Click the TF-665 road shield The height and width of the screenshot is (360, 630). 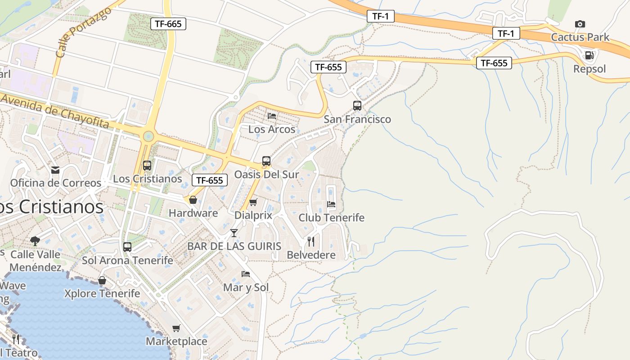tap(168, 24)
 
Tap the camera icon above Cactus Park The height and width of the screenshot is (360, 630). tap(580, 24)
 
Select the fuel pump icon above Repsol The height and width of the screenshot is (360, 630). tap(589, 55)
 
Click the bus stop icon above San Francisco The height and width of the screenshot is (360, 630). tap(357, 106)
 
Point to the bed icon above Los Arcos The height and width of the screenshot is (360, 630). tap(272, 116)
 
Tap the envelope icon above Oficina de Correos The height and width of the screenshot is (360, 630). tap(55, 170)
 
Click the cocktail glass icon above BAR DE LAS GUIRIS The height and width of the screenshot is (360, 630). tap(234, 233)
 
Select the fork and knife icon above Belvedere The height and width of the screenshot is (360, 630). tap(311, 242)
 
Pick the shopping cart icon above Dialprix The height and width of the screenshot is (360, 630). tap(253, 202)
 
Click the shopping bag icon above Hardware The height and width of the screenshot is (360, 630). tap(193, 200)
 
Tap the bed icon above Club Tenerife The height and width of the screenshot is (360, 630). tap(331, 204)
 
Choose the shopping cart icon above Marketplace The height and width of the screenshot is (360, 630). tap(176, 328)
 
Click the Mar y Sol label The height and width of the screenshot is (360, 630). tap(246, 288)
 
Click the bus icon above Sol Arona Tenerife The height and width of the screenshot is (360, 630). tap(127, 247)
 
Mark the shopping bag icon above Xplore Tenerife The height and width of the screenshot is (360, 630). tap(102, 280)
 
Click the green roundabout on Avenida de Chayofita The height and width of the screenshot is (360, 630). tap(148, 136)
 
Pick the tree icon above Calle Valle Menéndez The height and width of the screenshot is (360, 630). tap(35, 241)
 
